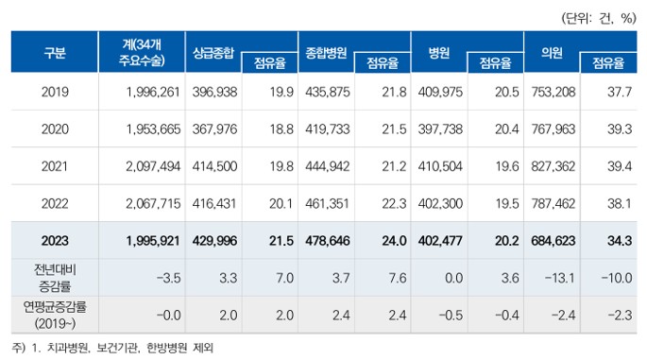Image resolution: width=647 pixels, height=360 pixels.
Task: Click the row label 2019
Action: pyautogui.click(x=55, y=92)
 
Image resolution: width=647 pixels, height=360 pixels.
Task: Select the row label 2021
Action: pyautogui.click(x=55, y=165)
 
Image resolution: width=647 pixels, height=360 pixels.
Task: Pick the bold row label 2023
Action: pyautogui.click(x=55, y=240)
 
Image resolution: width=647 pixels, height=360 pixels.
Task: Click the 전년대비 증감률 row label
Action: pyautogui.click(x=55, y=275)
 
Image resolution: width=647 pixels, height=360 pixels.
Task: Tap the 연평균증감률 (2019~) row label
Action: pyautogui.click(x=55, y=313)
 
